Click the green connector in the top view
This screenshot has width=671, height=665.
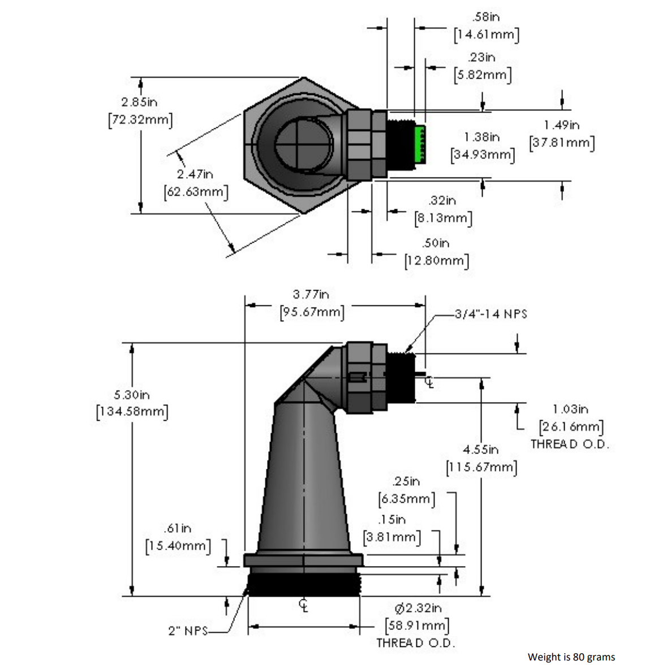click(419, 144)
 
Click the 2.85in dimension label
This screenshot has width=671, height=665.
click(139, 102)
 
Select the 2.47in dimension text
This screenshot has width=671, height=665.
click(195, 174)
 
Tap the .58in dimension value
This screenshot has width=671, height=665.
click(485, 17)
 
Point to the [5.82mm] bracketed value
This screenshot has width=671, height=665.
click(483, 75)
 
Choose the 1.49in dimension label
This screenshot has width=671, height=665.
click(561, 125)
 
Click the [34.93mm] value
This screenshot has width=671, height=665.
click(483, 154)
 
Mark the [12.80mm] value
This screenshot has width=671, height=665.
click(437, 261)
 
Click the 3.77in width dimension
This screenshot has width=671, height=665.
click(311, 294)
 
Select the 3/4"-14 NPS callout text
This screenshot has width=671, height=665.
click(491, 314)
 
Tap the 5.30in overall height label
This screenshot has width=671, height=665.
click(132, 394)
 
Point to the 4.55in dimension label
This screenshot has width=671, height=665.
click(480, 450)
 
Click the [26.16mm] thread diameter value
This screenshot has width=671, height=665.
click(571, 427)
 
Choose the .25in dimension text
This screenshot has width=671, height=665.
click(406, 481)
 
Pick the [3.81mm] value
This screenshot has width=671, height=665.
click(392, 537)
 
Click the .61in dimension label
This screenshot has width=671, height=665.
click(177, 528)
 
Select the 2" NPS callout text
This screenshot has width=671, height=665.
click(188, 631)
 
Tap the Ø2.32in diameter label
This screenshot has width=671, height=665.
click(418, 608)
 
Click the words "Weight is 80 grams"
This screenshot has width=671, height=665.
click(571, 657)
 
